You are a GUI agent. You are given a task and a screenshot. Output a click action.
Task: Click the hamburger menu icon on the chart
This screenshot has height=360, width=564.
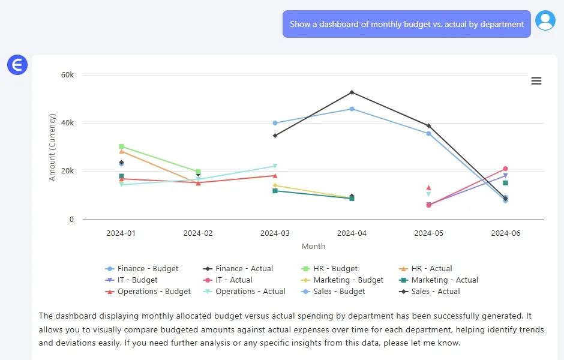pos(536,81)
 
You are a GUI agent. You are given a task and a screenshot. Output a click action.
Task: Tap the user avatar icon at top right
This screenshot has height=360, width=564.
pos(545,21)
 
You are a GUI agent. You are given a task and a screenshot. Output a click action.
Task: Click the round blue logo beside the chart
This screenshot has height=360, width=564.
pos(17,65)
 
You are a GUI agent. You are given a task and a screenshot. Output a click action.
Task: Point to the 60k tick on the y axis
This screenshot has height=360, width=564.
pos(67,75)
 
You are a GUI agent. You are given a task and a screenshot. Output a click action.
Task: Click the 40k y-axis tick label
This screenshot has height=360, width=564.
pos(67,123)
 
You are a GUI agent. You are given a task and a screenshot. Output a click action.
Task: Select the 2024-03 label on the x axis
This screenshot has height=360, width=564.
pos(275,233)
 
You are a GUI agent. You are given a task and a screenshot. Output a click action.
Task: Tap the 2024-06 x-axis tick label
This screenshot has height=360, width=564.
pos(505,233)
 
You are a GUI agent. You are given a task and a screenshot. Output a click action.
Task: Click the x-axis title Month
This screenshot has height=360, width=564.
pos(313,246)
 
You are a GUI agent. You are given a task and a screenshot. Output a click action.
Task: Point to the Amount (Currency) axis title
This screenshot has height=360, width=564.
pos(52,147)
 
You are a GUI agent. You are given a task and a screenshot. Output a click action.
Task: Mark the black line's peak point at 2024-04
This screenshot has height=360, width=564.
pos(352,92)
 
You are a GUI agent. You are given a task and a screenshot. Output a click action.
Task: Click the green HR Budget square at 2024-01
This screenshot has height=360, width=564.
pos(121,146)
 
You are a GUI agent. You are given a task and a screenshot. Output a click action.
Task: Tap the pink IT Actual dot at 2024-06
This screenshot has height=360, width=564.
pos(505,169)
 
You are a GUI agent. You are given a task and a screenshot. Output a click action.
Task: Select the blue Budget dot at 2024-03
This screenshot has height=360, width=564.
pos(275,123)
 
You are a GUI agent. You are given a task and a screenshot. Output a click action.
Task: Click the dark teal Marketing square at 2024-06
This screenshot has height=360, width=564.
pos(505,183)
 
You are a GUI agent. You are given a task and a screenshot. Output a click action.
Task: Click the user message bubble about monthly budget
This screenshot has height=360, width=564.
pos(406,25)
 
